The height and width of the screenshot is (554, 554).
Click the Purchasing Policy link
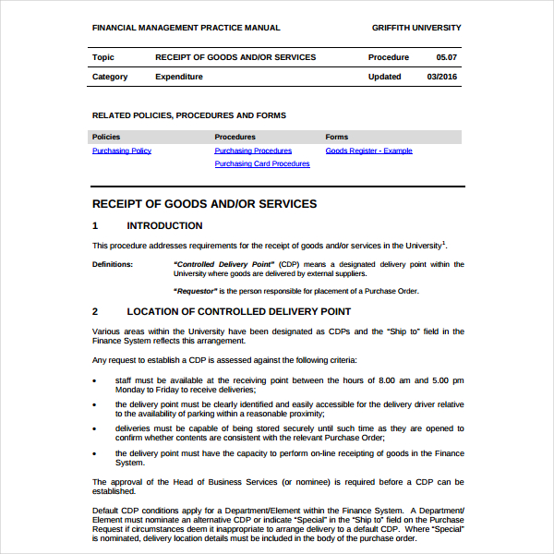pos(122,151)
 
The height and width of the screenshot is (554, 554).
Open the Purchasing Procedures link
pos(253,151)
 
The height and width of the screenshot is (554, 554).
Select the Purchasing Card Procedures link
pos(262,163)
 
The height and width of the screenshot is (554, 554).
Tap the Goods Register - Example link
pos(368,151)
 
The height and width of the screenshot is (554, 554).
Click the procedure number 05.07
pos(446,57)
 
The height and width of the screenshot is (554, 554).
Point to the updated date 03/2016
pos(441,77)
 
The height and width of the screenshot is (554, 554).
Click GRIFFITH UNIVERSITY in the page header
pos(416,28)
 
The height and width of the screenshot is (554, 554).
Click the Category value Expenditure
pos(179,77)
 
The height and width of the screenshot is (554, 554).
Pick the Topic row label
pos(103,57)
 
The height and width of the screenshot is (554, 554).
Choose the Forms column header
pos(337,137)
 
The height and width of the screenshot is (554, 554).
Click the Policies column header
pos(106,137)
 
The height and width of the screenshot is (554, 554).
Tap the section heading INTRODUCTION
pos(164,225)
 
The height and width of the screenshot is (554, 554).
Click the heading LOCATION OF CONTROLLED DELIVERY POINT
pos(238,311)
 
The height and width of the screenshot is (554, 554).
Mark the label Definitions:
pos(113,264)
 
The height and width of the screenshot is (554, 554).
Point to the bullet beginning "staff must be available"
pos(96,380)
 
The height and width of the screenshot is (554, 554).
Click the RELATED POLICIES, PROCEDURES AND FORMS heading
pos(189,115)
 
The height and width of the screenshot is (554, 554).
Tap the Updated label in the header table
pos(384,77)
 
